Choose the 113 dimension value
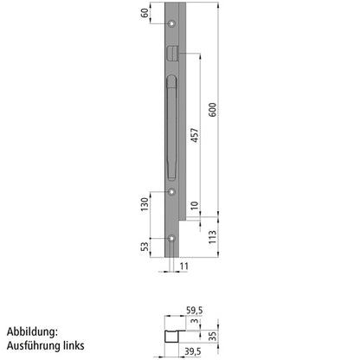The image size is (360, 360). tap(214, 235)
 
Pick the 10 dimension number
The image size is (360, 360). tap(196, 208)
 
